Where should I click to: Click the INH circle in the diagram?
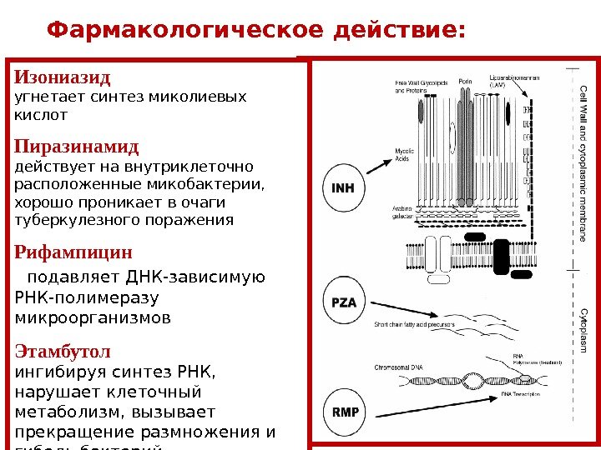tap(343, 188)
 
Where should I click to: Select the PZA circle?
tap(343, 302)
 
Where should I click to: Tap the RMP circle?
tap(345, 412)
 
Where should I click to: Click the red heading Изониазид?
tap(63, 78)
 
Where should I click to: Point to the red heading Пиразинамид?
tap(77, 147)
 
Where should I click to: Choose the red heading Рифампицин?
tap(73, 252)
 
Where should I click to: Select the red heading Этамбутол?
tap(63, 351)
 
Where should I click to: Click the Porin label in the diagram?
tap(465, 82)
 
